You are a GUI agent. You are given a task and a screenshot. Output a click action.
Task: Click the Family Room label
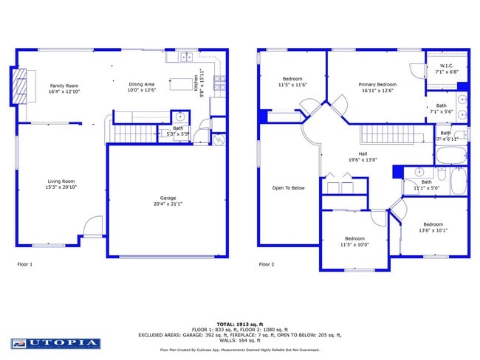coord(64,86)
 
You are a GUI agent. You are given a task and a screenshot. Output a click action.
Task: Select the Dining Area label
coord(142,86)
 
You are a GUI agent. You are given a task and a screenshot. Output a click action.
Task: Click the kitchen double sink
coord(183,56)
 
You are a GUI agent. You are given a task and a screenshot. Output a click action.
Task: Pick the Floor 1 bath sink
coord(179,117)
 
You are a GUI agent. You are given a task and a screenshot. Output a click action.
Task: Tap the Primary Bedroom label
coord(377,85)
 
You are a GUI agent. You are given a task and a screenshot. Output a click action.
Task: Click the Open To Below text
coord(288,187)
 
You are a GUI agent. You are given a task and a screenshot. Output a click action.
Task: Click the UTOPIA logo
coord(55,343)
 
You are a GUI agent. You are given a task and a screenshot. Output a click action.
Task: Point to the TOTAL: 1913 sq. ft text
coord(239,325)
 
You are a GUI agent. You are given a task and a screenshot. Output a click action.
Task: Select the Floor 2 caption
coord(267,264)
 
